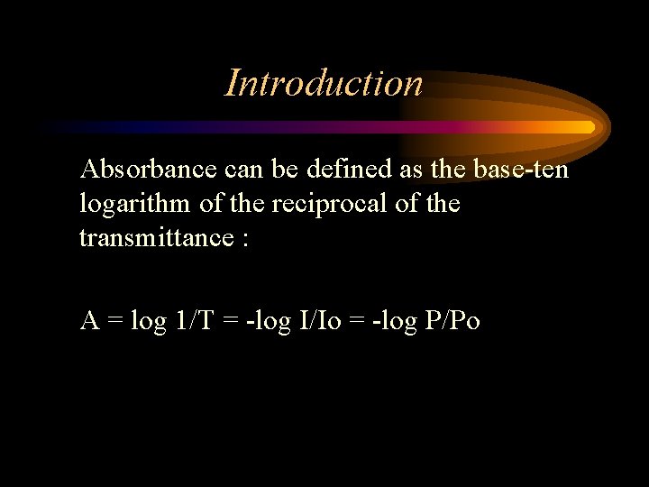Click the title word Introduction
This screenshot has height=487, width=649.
click(x=324, y=83)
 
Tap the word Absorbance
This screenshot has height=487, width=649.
click(x=148, y=169)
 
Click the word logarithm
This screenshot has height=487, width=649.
click(x=135, y=204)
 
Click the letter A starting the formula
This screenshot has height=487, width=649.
click(x=89, y=320)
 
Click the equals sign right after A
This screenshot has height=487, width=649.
click(x=115, y=321)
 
